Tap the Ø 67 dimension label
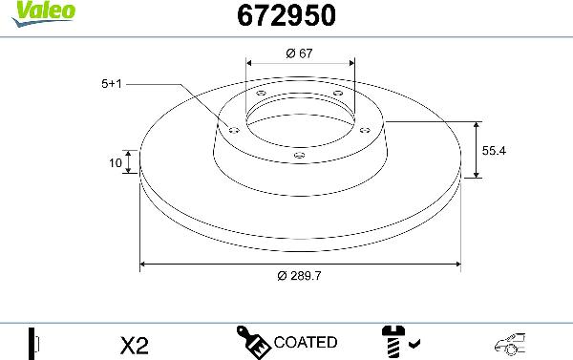[x=300, y=53]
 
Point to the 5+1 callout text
[x=111, y=84]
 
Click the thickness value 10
[x=116, y=163]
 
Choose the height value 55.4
[x=493, y=150]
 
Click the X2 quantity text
[x=137, y=342]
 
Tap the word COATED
[x=305, y=342]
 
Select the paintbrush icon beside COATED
[x=253, y=341]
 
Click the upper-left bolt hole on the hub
[x=261, y=93]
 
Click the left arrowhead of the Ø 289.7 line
[x=144, y=263]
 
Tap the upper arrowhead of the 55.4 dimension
[x=476, y=125]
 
